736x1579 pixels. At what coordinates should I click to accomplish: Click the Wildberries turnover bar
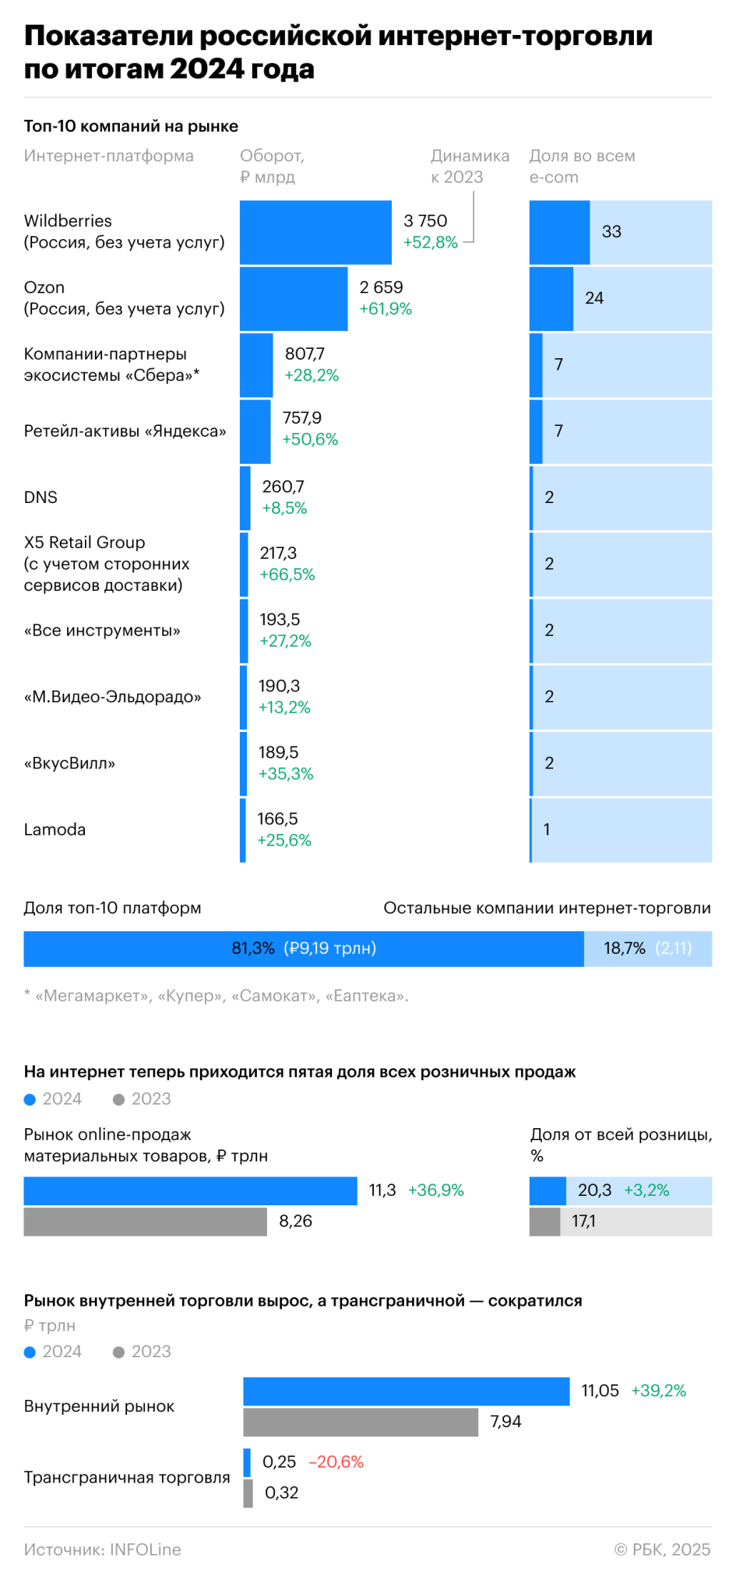(x=315, y=232)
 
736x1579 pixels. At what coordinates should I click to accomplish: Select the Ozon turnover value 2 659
(x=381, y=287)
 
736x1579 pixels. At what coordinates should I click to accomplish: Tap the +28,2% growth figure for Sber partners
(x=312, y=375)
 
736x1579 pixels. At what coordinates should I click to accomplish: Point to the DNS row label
(x=40, y=498)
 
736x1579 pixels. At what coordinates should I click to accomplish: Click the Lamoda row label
(x=55, y=829)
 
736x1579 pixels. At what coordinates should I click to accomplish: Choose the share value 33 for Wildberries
(x=611, y=232)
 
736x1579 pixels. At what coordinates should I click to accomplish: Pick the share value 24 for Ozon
(x=594, y=298)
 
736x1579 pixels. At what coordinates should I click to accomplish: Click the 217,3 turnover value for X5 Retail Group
(x=278, y=553)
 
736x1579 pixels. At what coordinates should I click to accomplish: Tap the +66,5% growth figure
(x=287, y=575)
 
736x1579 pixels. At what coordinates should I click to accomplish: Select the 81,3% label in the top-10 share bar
(x=253, y=948)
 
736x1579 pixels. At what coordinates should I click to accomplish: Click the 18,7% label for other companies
(x=624, y=948)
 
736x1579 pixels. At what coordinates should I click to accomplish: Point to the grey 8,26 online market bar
(x=145, y=1222)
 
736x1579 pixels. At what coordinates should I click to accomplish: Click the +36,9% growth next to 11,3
(x=435, y=1190)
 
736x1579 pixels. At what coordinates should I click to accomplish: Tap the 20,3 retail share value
(x=594, y=1190)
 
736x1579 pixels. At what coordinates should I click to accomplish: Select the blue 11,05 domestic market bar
(x=406, y=1391)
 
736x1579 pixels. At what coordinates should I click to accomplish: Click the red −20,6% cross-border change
(x=336, y=1462)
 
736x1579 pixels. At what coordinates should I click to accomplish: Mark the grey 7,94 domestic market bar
(x=360, y=1423)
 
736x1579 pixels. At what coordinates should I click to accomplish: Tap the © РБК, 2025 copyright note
(x=662, y=1549)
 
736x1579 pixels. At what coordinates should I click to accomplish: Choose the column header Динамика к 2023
(x=470, y=167)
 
